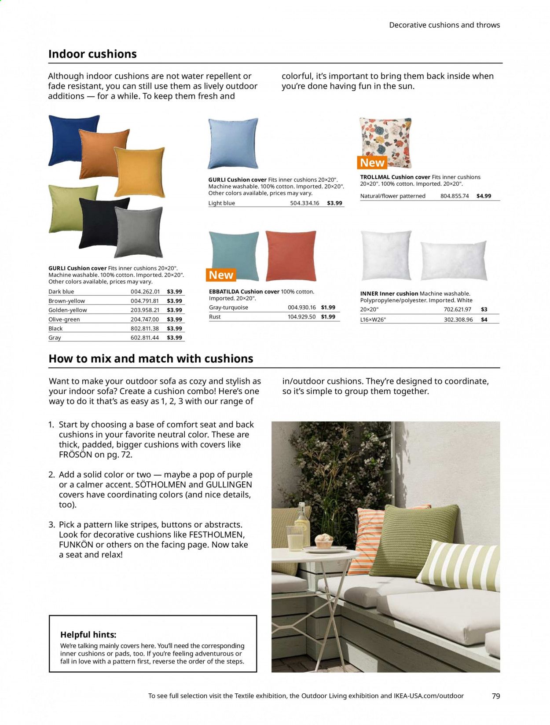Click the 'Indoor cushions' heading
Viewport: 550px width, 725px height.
point(92,54)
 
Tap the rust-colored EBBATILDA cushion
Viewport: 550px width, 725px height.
point(291,255)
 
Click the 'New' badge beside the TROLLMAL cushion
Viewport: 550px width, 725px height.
point(372,163)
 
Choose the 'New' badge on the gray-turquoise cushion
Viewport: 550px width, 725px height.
point(221,275)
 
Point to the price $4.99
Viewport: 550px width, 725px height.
point(484,196)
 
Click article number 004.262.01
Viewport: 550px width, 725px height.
point(145,292)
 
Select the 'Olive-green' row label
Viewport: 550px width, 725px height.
point(64,319)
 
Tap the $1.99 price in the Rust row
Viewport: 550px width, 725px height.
point(328,317)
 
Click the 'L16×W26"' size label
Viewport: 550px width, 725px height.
point(373,320)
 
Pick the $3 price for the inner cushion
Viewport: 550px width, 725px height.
point(484,310)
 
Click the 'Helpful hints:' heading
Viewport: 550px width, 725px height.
point(88,635)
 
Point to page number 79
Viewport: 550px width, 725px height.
point(496,696)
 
